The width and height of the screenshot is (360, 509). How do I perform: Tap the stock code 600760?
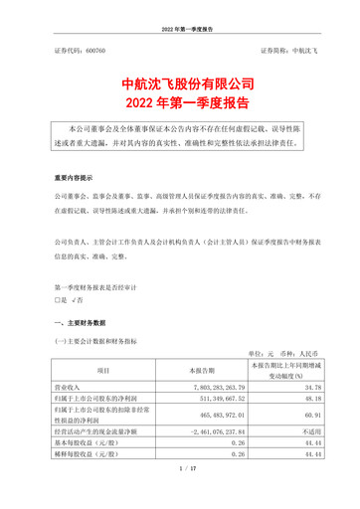(96, 49)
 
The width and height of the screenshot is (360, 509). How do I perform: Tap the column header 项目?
(101, 373)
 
